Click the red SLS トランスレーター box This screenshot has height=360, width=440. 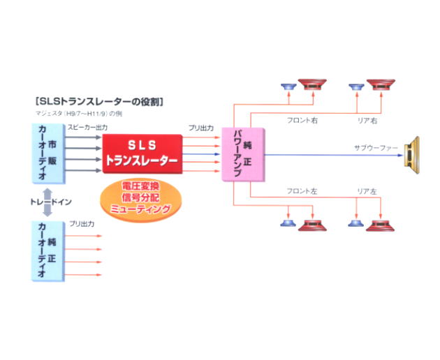click(142, 154)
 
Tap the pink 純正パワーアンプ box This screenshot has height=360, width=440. click(243, 155)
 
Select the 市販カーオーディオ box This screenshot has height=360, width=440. click(49, 153)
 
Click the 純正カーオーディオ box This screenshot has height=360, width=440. click(48, 251)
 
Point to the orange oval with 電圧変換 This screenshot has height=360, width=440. click(140, 200)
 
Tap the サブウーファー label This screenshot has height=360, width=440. click(376, 147)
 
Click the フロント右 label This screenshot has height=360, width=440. click(302, 121)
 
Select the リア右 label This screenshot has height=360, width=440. click(367, 121)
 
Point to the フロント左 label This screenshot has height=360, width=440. click(302, 191)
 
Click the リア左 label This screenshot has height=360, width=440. click(367, 191)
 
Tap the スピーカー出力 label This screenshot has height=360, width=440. click(87, 127)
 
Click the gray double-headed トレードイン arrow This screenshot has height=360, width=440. click(47, 202)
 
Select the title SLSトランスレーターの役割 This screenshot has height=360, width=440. click(99, 101)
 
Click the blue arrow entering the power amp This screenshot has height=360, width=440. click(201, 154)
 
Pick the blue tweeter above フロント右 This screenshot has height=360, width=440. click(288, 87)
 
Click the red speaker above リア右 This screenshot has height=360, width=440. click(381, 84)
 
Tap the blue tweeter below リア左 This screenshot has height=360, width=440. click(356, 223)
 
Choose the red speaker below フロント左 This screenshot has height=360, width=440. click(312, 225)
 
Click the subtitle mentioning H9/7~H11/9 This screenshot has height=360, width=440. click(79, 114)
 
